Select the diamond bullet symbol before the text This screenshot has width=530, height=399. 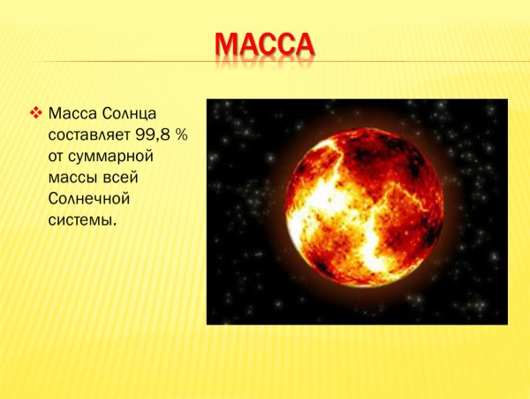[x=36, y=113]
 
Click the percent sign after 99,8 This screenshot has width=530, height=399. [x=175, y=135]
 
